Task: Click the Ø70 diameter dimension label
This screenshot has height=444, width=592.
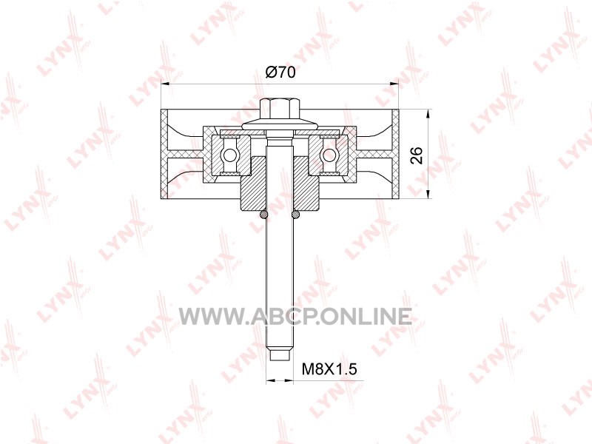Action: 280,72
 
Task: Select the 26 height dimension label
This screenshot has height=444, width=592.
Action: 417,155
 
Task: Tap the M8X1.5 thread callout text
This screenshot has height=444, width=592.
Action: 329,369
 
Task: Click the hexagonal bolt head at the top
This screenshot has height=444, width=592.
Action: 280,109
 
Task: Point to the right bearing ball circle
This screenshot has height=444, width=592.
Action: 329,155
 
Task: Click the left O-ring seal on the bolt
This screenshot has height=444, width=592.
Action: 263,215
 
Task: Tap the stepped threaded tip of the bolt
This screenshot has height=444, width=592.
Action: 280,355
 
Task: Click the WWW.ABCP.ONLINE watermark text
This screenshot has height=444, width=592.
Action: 295,317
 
